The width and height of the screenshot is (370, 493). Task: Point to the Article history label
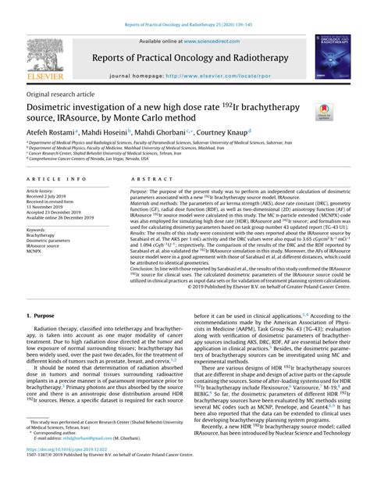pyautogui.click(x=43, y=191)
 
